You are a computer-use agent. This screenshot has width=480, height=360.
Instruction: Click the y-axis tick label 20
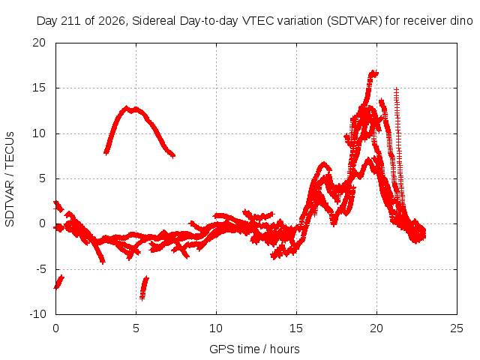tap(39, 43)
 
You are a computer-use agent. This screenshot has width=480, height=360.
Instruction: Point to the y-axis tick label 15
tap(39, 88)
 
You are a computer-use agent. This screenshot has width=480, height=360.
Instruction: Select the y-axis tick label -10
tap(37, 313)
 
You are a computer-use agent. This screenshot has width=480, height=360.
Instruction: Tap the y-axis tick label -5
tap(40, 269)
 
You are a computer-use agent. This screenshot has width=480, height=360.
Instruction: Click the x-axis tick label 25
tap(457, 328)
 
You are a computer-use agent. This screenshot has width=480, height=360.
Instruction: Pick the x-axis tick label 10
tap(216, 328)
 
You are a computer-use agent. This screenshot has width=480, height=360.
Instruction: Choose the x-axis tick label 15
tap(296, 328)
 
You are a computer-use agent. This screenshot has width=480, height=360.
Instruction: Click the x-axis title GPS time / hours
tap(254, 349)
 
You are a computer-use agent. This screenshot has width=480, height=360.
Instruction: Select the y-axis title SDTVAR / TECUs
tap(10, 179)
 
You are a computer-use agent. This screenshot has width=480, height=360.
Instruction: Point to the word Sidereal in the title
tap(154, 21)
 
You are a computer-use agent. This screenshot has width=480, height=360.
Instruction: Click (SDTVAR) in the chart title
tap(355, 21)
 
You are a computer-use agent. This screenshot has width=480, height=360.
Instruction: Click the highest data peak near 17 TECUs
tap(373, 73)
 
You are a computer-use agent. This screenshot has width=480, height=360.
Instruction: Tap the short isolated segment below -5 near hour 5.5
tap(144, 288)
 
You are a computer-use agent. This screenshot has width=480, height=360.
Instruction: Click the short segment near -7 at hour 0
tap(58, 282)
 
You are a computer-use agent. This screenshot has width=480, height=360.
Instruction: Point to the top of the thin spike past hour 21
tap(397, 89)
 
